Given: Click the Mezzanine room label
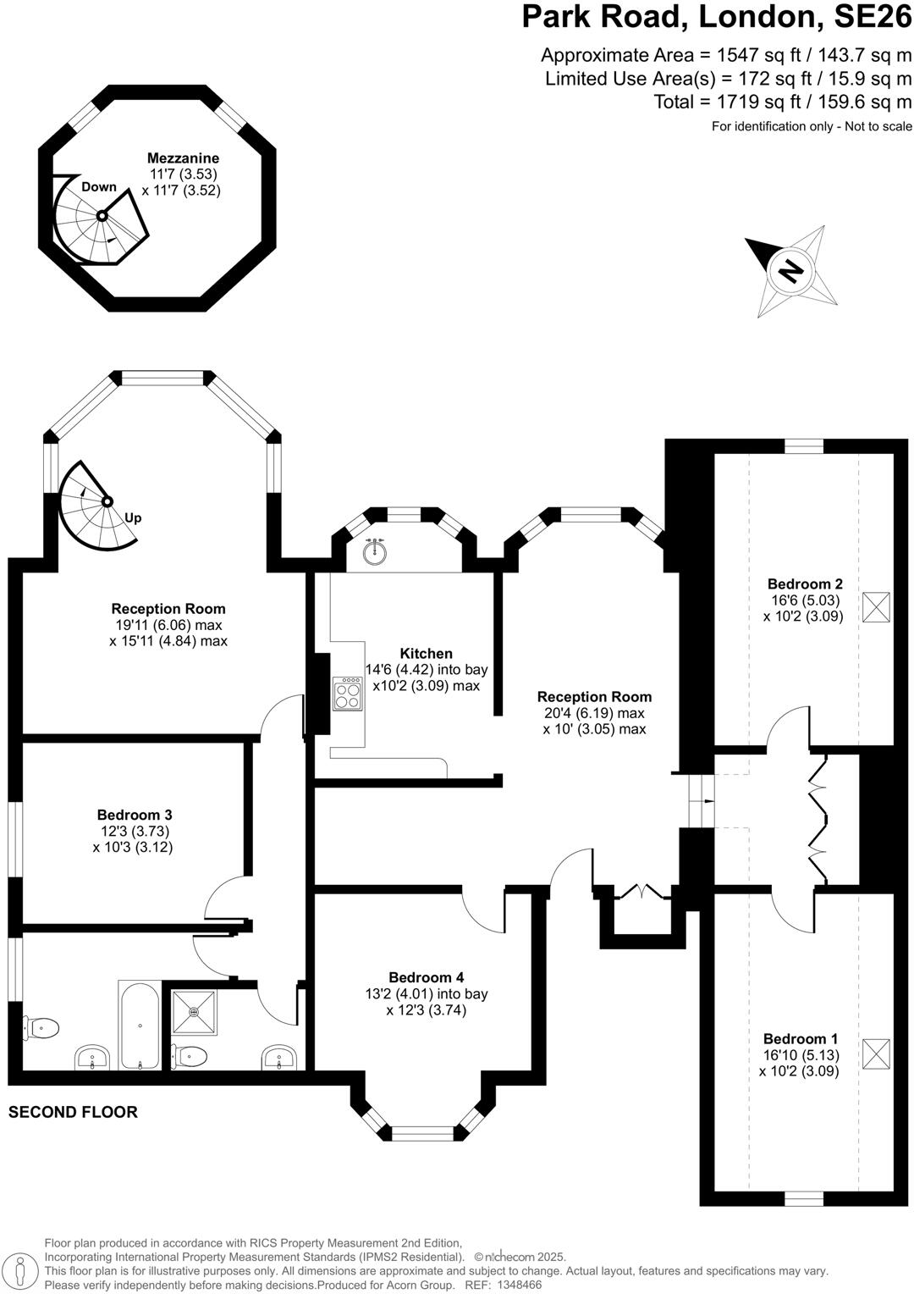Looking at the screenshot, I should tap(183, 158).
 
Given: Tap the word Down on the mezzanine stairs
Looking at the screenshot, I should tap(99, 187).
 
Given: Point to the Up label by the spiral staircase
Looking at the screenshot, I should tap(133, 518).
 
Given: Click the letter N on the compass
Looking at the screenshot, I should tap(790, 271).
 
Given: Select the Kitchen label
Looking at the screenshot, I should tap(426, 654).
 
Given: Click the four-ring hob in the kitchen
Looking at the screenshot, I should tap(347, 694).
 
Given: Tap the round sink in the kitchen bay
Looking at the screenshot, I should tap(375, 551).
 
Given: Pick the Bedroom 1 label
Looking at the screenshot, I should tap(800, 1039).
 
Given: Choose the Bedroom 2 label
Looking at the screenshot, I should tap(804, 584).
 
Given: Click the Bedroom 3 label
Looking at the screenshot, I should tap(134, 816).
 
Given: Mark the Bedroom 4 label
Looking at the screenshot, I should tap(426, 978).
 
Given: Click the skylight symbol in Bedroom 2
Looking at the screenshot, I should tap(876, 606).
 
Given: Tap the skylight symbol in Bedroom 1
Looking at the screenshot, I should tap(876, 1054).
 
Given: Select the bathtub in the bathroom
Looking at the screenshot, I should tap(140, 1026).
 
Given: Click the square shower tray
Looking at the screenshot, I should tap(194, 1011).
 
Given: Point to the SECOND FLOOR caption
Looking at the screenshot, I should tap(73, 1112).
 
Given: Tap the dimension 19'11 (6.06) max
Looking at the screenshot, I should tap(168, 625).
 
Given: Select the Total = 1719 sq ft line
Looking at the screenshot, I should tap(782, 102).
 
